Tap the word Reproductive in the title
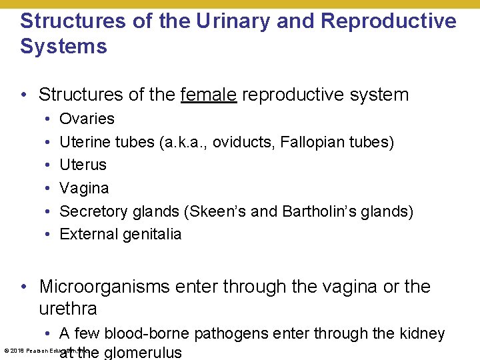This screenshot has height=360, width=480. (x=389, y=21)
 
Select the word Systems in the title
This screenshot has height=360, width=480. (x=63, y=47)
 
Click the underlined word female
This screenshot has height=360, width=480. (x=208, y=95)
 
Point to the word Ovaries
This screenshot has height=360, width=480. (x=87, y=119)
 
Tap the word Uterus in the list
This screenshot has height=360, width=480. (x=83, y=165)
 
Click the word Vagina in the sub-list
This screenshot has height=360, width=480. (x=84, y=188)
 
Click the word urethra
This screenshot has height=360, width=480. (x=68, y=309)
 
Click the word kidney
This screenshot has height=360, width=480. (x=420, y=333)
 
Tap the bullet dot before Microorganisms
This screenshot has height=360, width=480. (x=25, y=287)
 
